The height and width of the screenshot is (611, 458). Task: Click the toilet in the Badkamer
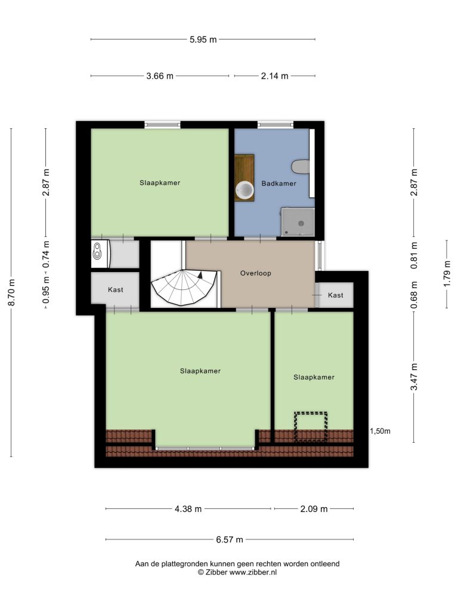(301, 167)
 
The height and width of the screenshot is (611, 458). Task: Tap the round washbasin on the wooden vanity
(245, 190)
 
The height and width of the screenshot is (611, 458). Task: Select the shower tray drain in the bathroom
(301, 223)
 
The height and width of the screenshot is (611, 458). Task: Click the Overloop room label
(255, 273)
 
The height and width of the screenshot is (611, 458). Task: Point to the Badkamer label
(279, 183)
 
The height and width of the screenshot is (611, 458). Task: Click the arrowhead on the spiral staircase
(200, 274)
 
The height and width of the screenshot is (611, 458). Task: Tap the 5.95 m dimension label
(203, 39)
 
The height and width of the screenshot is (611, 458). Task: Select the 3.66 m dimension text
(160, 76)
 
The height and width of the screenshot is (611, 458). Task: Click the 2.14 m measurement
(274, 76)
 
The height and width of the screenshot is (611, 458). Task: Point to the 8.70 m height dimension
(12, 292)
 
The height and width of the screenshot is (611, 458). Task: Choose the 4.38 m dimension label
(188, 509)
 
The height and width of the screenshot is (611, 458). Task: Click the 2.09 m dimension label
(314, 509)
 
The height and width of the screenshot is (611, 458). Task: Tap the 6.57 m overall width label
(230, 539)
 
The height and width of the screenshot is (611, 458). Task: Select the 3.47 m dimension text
(414, 377)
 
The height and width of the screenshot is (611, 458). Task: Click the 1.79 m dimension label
(447, 273)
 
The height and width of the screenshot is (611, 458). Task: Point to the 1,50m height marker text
(380, 431)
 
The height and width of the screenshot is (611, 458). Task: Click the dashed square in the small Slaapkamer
(310, 427)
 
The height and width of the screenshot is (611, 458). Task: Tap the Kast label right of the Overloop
(335, 295)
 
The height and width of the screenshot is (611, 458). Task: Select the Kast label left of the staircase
(115, 289)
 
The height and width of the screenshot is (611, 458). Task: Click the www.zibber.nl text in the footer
(253, 572)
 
